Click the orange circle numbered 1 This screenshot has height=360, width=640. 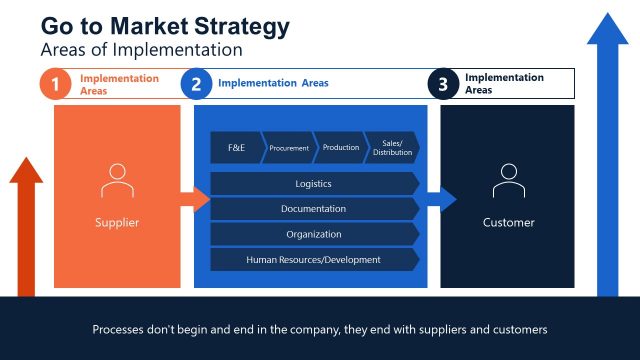tap(55, 85)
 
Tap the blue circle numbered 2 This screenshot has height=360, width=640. tap(196, 85)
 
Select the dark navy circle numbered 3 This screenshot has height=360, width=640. tap(443, 85)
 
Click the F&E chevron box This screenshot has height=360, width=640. tap(236, 147)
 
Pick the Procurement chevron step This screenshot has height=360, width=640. tap(289, 147)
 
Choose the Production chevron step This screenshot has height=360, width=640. tap(340, 147)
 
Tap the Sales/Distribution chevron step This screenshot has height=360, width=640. tap(391, 147)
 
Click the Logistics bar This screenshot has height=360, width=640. tap(314, 184)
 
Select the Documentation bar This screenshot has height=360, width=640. tap(314, 209)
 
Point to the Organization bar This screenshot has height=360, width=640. tap(314, 234)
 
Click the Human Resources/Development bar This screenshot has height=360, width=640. tap(314, 259)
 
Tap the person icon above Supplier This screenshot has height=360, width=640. tap(117, 181)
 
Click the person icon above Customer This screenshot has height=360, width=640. tap(508, 181)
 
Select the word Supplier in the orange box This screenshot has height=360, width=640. tap(117, 222)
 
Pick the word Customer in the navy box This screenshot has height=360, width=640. tap(508, 222)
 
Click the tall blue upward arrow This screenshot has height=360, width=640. tap(606, 150)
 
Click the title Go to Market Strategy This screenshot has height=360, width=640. tap(165, 25)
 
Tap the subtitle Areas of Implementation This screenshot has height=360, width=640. tap(141, 48)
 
